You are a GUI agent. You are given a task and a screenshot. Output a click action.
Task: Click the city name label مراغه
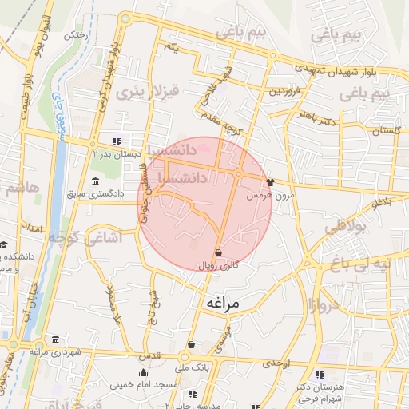click(x=216, y=304)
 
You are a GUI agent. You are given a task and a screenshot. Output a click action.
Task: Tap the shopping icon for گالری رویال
click(x=218, y=252)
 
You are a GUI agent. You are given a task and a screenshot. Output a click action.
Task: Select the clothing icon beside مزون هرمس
click(x=269, y=181)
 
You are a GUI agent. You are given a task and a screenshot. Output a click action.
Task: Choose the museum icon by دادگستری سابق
click(x=96, y=180)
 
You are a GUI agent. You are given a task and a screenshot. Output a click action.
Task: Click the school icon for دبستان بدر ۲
click(x=118, y=141)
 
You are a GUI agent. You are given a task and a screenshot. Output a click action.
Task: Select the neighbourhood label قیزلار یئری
click(x=146, y=92)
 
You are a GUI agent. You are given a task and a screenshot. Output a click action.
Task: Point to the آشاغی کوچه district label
click(x=77, y=236)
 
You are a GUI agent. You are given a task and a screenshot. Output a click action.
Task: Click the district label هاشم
click(x=22, y=189)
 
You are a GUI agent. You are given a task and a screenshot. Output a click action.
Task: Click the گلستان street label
click(x=385, y=129)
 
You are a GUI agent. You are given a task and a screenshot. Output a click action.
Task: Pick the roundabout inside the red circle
click(x=238, y=173)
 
